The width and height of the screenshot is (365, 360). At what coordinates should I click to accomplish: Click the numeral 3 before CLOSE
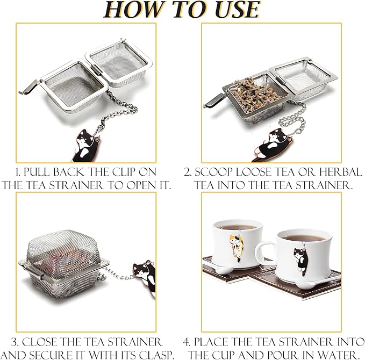click(15, 342)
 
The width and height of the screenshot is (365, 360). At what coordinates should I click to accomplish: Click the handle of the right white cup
click(264, 253)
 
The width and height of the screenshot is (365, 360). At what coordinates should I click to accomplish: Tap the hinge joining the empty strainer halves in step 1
click(96, 69)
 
